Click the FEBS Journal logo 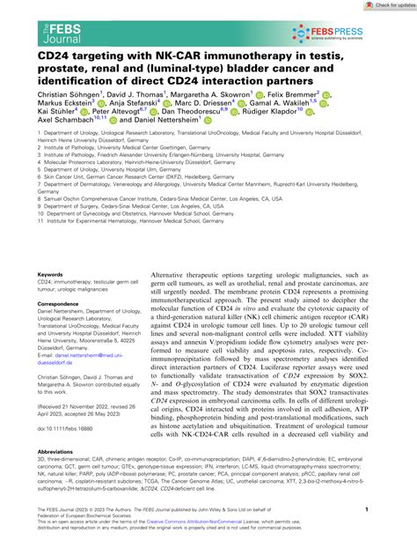tap(35, 27)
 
